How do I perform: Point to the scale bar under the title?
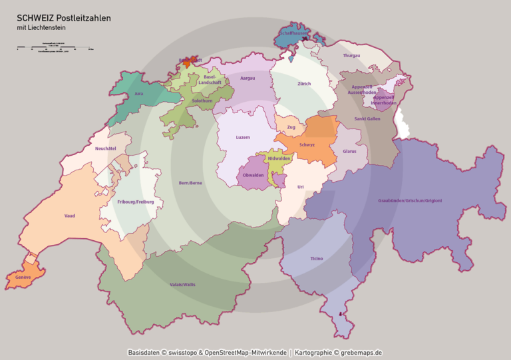point(55,49)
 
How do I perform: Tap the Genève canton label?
point(23,277)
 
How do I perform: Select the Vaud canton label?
point(70,216)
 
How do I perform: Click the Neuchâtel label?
point(106,148)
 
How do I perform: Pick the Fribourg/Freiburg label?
point(136,202)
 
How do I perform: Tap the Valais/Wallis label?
point(182,284)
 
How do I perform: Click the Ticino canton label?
point(317,258)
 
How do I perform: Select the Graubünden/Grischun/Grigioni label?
point(410,200)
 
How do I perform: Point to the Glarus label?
point(349,152)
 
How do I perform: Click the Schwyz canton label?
point(307,144)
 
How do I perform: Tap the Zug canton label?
point(291,126)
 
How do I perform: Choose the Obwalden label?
point(254,175)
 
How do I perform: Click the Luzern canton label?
point(243,138)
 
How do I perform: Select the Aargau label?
point(247,78)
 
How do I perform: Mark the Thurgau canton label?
point(351,55)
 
